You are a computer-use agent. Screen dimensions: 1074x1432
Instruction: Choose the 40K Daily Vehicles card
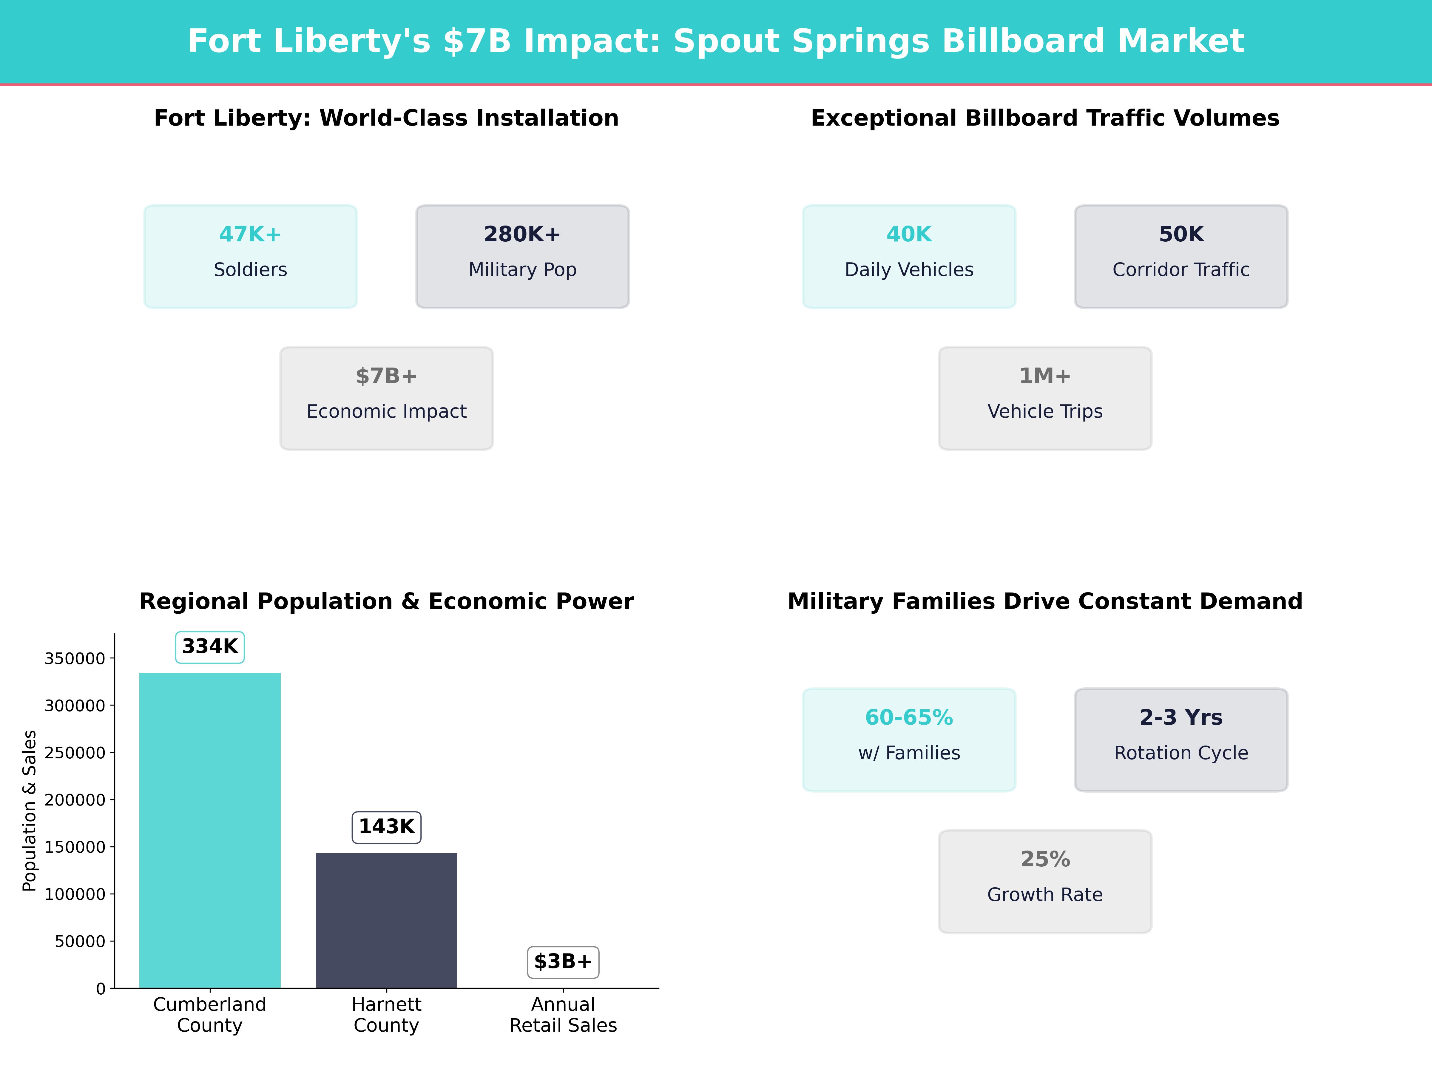pos(909,256)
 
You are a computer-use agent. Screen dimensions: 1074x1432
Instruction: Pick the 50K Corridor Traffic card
pos(1181,256)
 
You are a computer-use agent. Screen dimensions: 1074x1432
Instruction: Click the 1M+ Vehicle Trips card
pos(1045,398)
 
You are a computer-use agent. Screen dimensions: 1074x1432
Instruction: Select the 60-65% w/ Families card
pos(909,739)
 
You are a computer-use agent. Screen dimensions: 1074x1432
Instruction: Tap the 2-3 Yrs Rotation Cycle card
pos(1181,739)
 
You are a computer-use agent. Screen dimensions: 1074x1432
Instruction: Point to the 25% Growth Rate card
pos(1045,881)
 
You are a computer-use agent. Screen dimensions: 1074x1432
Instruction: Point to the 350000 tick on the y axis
pos(75,658)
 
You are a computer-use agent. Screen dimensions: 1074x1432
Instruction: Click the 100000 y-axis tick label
pos(75,894)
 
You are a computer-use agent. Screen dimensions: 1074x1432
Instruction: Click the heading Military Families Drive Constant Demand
pos(1045,601)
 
